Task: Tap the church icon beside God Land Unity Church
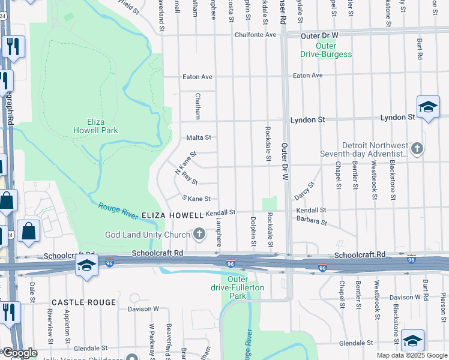[x=200, y=234]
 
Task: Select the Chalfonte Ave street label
[x=255, y=35]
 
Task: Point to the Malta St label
[x=199, y=137]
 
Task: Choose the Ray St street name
[x=190, y=178]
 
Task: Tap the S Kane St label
[x=196, y=199]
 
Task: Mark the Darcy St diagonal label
[x=304, y=191]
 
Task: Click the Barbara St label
[x=311, y=222]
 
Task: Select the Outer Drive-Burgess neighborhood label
[x=326, y=50]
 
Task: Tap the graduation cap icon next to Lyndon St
[x=428, y=107]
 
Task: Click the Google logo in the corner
[x=20, y=353]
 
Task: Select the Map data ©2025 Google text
[x=411, y=355]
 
